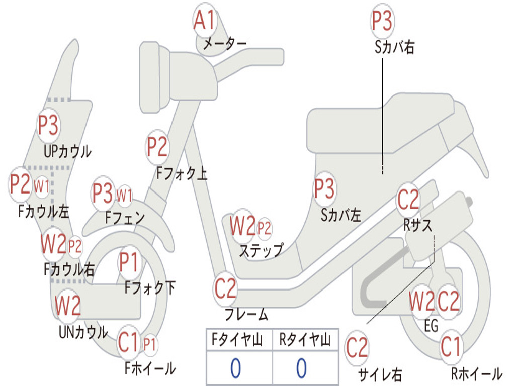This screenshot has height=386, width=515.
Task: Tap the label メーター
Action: (224, 44)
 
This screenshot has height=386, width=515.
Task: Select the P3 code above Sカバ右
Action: (382, 21)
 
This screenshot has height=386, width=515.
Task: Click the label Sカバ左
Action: (341, 215)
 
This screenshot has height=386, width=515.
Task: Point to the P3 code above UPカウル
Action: (48, 125)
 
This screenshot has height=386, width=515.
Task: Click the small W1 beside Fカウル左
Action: (42, 186)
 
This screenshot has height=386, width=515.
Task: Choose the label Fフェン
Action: (125, 218)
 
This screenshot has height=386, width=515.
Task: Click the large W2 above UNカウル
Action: (68, 305)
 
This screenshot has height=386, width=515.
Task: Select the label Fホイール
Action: (150, 368)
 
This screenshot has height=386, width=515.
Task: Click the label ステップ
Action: (261, 250)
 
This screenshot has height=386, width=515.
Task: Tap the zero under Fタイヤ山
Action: (235, 368)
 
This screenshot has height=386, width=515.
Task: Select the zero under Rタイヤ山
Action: (301, 368)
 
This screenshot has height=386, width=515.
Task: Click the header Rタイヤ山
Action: (305, 341)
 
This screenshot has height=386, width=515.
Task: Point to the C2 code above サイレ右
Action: (357, 348)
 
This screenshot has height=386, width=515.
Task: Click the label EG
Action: (431, 326)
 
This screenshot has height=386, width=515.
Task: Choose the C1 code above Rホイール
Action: (450, 346)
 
